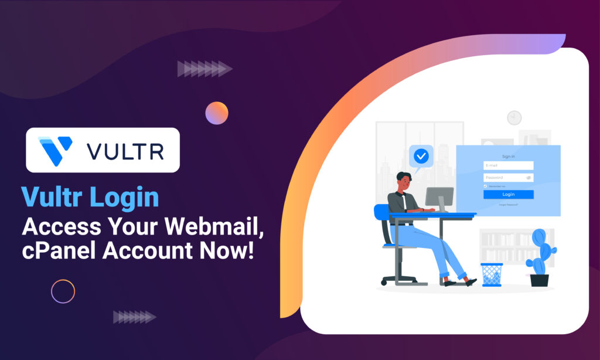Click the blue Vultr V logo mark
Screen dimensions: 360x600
55,150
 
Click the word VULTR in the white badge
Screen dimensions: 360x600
125,151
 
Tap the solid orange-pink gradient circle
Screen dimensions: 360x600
217,113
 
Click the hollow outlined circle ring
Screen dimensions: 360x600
63,291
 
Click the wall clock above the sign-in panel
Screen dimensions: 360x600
514,117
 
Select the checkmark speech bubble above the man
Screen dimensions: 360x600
421,157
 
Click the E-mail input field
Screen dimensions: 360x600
508,166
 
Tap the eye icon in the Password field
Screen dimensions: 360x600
529,177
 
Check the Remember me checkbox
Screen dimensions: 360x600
485,186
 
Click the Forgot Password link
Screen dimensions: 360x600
508,205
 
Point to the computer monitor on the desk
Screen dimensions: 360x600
439,196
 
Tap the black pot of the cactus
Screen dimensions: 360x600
539,280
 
